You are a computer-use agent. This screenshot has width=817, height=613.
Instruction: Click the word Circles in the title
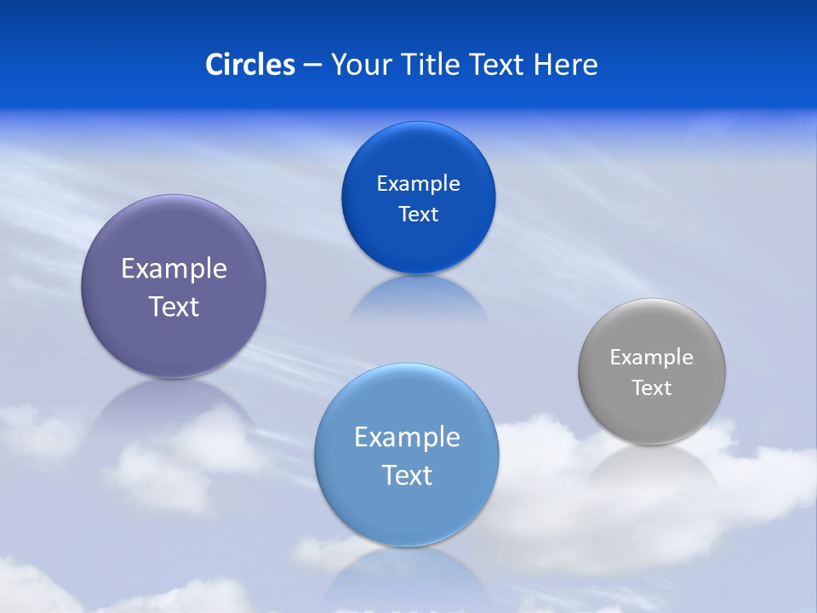click(x=250, y=65)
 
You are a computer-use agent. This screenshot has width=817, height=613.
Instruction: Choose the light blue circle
click(x=407, y=511)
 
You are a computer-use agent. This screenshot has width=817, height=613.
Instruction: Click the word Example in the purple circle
click(x=174, y=269)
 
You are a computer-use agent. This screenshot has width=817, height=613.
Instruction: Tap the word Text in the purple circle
click(x=174, y=306)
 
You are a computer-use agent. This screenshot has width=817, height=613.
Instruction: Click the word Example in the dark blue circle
click(x=419, y=184)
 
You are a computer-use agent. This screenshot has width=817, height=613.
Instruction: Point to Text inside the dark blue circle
click(x=419, y=215)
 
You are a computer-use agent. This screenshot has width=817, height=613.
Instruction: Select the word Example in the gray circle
click(x=652, y=358)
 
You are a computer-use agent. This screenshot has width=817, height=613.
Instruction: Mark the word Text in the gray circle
click(x=652, y=388)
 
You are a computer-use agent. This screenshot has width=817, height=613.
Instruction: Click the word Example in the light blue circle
click(x=407, y=438)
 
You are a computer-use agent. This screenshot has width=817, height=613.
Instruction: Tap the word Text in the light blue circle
click(x=407, y=475)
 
